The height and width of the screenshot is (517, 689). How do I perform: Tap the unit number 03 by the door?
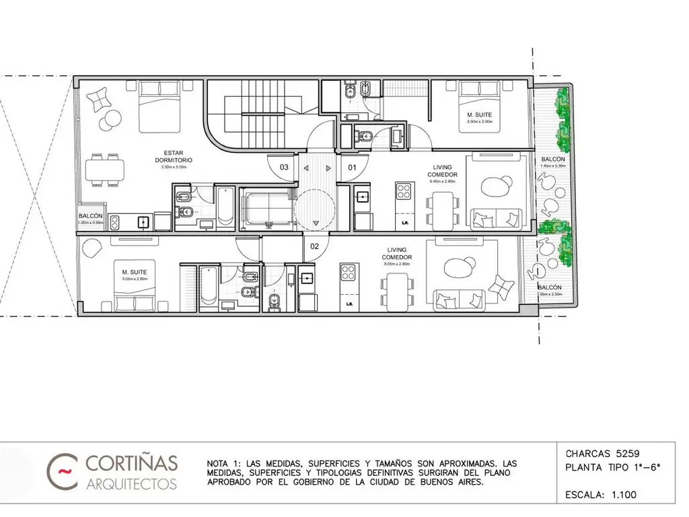coord(285,166)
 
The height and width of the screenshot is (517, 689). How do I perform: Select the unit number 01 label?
coord(352,166)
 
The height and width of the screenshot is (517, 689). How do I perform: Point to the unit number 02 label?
coord(314,246)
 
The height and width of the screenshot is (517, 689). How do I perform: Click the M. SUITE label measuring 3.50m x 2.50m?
coord(479,118)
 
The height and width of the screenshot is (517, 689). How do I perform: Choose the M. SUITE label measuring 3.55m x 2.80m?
coord(134,275)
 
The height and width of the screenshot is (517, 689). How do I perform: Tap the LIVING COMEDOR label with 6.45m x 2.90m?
coord(441,174)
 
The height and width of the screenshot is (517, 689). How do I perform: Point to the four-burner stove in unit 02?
coord(348,273)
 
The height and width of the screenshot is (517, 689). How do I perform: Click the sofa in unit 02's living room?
coord(458,297)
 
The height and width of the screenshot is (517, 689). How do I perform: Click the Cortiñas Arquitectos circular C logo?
coord(63,469)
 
